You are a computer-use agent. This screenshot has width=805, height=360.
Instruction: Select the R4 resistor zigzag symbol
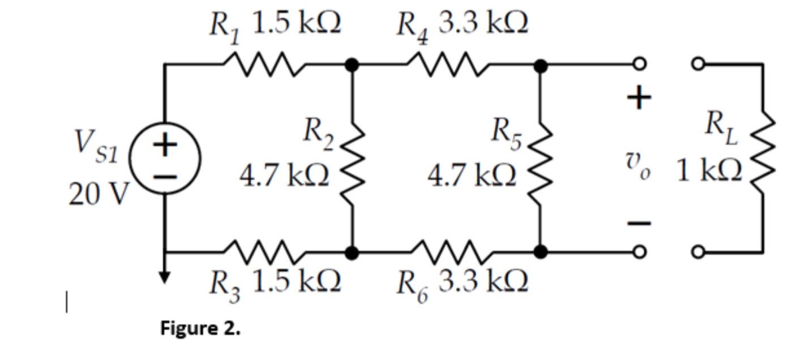(448, 65)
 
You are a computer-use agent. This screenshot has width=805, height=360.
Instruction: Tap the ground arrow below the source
(164, 275)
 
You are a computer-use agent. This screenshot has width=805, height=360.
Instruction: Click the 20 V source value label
(99, 195)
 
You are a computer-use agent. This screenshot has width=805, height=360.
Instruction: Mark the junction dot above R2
(353, 66)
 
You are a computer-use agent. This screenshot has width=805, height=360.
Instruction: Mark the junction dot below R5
(541, 251)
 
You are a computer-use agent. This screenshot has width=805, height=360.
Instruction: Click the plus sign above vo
(639, 98)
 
